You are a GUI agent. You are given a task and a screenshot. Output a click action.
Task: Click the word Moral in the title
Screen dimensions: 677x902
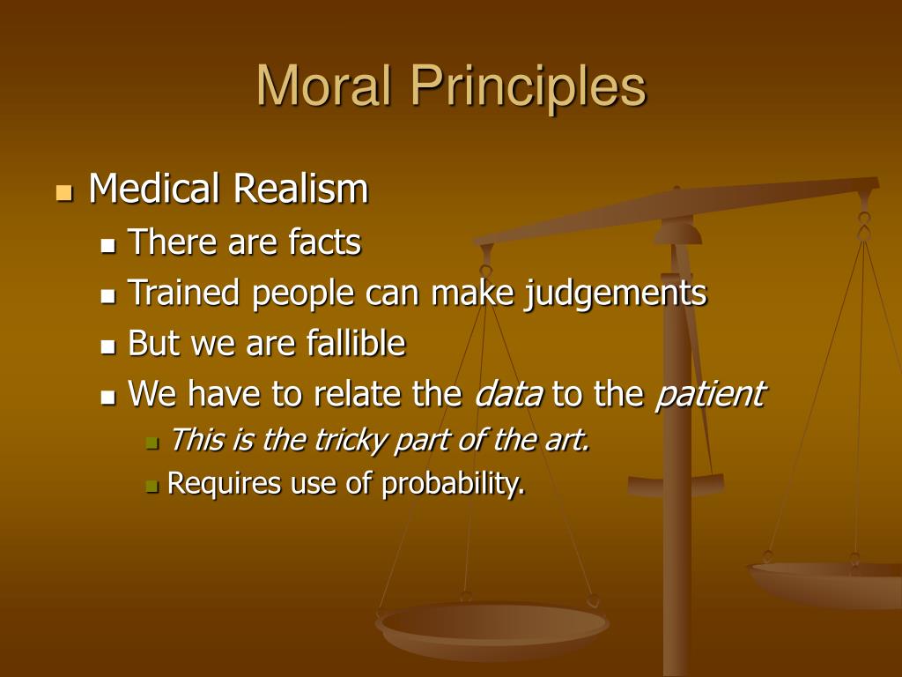[x=319, y=86]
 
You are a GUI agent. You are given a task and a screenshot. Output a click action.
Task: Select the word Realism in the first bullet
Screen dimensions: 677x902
[x=300, y=190]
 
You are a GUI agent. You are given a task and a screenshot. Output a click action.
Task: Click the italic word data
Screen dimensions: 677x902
[x=509, y=395]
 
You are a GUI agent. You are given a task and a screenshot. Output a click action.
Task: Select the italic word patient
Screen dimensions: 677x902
[x=709, y=395]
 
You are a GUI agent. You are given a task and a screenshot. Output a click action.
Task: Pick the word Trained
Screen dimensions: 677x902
[x=186, y=294]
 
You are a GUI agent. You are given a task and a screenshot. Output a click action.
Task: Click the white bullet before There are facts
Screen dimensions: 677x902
[x=108, y=245]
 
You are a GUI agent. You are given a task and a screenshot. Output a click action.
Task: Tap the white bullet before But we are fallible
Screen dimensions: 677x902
[x=108, y=346]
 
